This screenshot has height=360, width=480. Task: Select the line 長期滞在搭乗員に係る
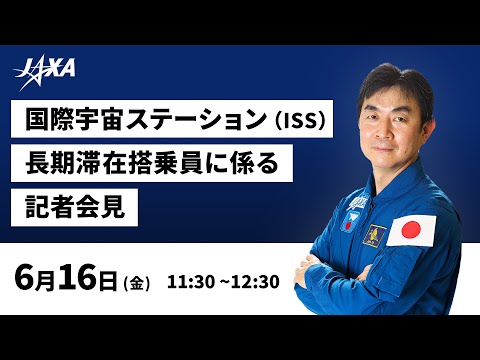pos(149,162)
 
